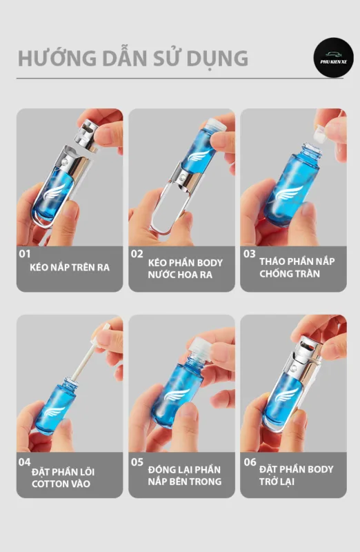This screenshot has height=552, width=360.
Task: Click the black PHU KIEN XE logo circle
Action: click(x=333, y=57)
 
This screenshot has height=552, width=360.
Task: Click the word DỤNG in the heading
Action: click(x=217, y=59)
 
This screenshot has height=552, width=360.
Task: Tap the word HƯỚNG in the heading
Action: click(x=57, y=58)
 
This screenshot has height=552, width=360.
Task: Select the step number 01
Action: click(x=25, y=253)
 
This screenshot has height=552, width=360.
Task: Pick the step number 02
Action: click(x=137, y=253)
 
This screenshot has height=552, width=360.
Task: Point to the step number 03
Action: click(x=249, y=253)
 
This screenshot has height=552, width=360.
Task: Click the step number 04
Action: click(x=25, y=462)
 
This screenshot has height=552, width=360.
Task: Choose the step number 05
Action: click(x=137, y=462)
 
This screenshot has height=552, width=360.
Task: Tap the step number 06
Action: click(x=250, y=462)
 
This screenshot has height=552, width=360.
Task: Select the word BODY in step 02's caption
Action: click(x=210, y=263)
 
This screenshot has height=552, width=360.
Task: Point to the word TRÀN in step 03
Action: click(x=308, y=273)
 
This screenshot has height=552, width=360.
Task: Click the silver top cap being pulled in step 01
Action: click(x=87, y=135)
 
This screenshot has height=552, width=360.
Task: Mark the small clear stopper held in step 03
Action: click(x=321, y=133)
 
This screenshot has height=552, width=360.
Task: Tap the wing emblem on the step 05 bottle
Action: click(x=177, y=394)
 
